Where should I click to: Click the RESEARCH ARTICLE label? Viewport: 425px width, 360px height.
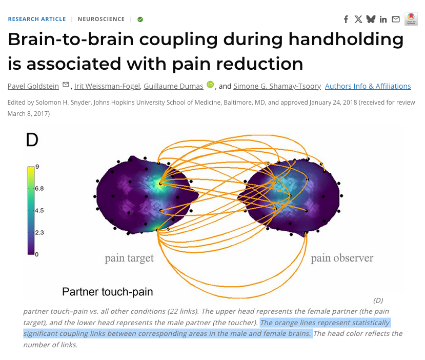point(37,19)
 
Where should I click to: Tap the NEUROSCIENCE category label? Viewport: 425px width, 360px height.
point(101,19)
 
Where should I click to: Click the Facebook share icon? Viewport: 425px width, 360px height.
point(346,19)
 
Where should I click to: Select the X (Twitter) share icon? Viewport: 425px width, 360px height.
point(358,19)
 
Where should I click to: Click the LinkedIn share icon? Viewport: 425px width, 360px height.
point(383,19)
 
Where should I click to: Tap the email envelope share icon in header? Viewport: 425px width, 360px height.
point(396,19)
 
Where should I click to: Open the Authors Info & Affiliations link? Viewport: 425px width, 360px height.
point(368,86)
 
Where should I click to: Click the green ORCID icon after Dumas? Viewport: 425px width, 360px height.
point(210,85)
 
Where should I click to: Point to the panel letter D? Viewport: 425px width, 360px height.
point(32,139)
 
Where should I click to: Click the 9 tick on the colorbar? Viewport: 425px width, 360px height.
point(37,167)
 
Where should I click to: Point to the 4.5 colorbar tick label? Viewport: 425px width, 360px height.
point(39,210)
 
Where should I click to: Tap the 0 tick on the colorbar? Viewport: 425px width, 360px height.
point(36,254)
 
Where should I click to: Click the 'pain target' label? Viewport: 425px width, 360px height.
point(129,258)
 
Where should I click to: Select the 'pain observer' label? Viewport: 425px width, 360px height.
point(342,258)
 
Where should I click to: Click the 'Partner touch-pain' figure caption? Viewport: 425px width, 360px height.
point(107,292)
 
